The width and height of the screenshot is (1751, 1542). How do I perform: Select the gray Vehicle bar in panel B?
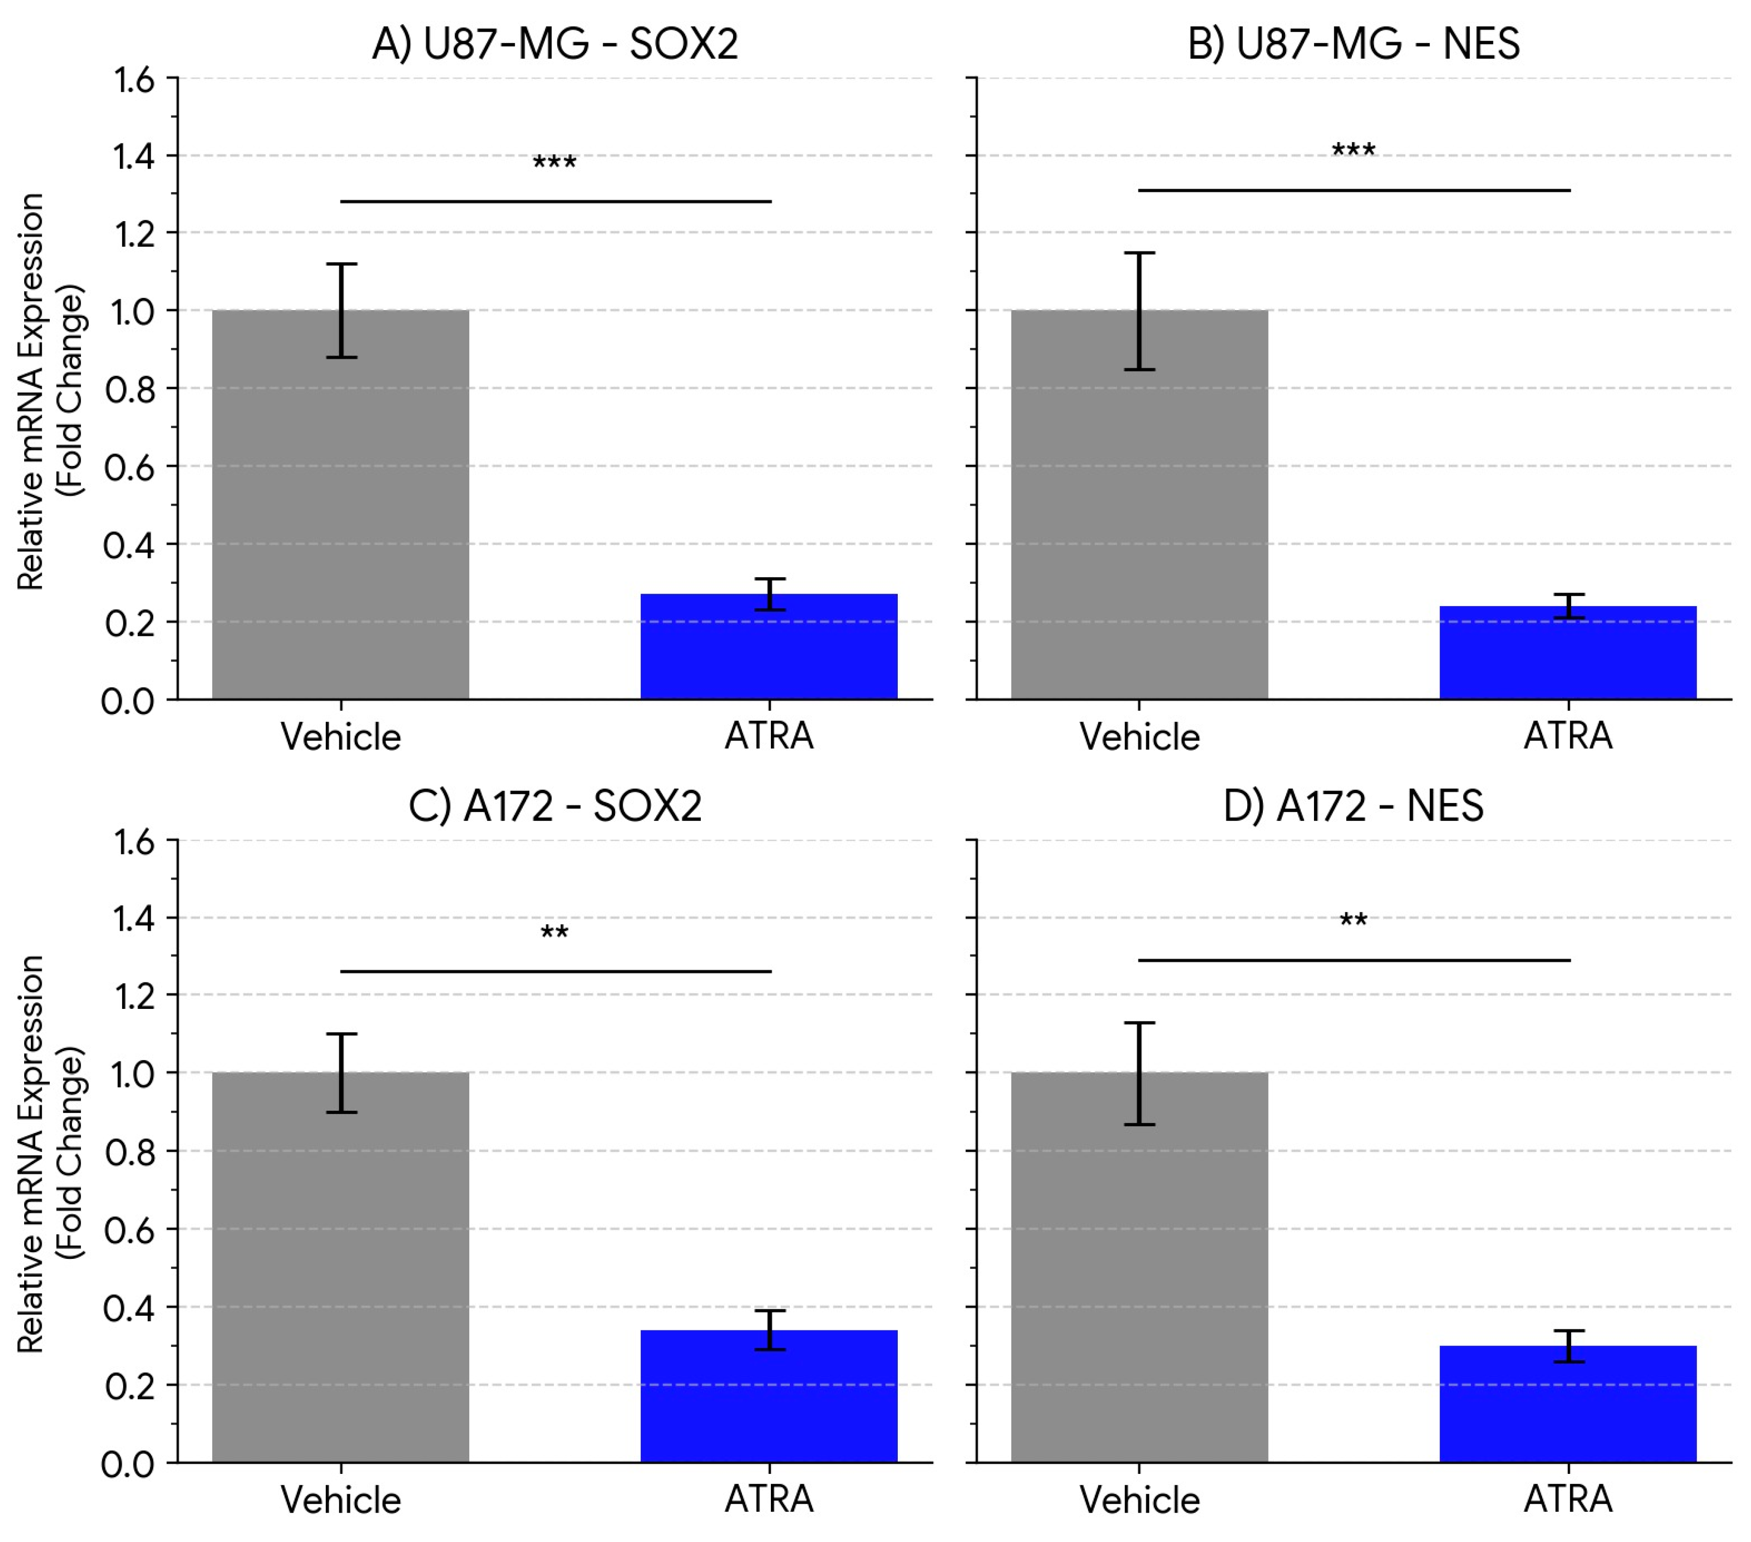click(x=1139, y=514)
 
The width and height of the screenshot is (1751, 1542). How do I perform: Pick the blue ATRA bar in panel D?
click(x=1568, y=1405)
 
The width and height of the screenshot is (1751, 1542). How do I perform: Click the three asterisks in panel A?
click(x=554, y=163)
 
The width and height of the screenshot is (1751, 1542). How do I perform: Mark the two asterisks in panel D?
click(x=1354, y=921)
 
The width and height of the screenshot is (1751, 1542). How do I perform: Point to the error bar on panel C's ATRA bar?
click(x=769, y=1329)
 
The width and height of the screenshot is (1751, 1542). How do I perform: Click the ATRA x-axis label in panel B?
click(x=1568, y=736)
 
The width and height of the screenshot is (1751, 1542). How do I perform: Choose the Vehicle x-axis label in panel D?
click(x=1139, y=1499)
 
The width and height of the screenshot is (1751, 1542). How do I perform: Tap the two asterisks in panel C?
click(x=554, y=933)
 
